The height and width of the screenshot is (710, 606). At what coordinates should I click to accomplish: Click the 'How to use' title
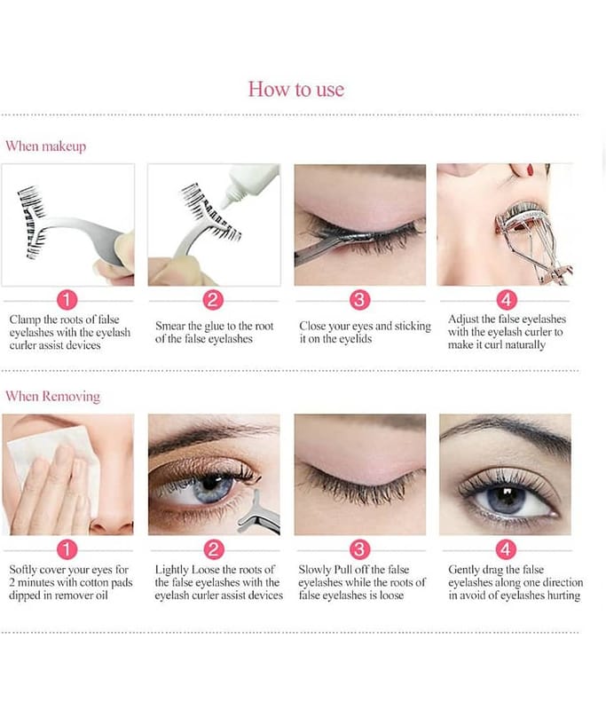296,90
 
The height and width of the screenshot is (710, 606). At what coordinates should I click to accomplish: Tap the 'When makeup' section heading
46,146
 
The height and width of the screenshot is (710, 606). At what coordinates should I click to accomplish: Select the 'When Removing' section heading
52,396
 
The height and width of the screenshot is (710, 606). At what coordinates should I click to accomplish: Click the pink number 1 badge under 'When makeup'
67,300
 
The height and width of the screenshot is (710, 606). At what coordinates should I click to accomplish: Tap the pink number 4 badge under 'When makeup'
506,300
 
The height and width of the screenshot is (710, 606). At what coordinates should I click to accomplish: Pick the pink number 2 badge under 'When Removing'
213,549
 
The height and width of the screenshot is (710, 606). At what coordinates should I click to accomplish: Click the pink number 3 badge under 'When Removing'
360,549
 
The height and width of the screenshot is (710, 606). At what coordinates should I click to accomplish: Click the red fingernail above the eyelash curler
531,170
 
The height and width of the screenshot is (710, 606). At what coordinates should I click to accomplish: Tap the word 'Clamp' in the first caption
25,319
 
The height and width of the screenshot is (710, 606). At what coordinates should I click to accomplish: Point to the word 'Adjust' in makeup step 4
462,319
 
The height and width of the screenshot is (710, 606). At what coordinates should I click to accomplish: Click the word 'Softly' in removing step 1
23,569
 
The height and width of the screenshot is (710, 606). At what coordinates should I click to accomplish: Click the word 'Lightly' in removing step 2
172,570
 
